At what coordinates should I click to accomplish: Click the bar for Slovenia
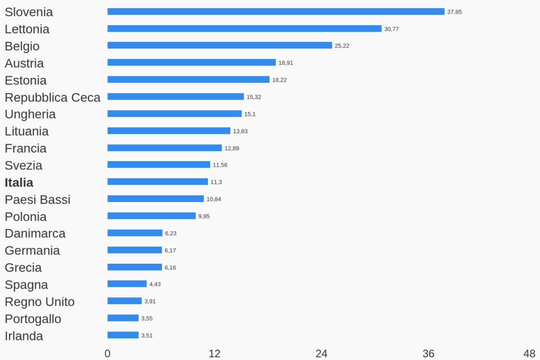[x=276, y=12]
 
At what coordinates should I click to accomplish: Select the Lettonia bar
[x=244, y=28]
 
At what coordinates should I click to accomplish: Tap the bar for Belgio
[x=219, y=45]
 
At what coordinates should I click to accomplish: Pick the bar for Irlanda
[x=123, y=335]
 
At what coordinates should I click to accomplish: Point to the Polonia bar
[x=152, y=216]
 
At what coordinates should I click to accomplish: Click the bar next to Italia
[x=157, y=182]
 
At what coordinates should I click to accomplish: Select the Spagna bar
[x=127, y=284]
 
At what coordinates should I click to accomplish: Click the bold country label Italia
[x=19, y=183]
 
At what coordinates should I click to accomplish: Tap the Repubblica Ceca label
[x=53, y=97]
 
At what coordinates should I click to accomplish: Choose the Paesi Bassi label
[x=37, y=199]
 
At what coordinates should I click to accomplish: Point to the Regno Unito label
[x=39, y=302]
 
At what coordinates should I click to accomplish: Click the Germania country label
[x=32, y=251]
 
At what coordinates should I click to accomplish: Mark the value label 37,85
[x=454, y=12]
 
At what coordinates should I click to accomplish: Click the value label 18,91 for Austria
[x=286, y=63]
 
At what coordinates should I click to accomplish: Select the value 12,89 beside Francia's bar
[x=232, y=148]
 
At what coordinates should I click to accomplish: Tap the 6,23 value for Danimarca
[x=171, y=233]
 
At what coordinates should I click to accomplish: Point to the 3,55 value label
[x=147, y=318]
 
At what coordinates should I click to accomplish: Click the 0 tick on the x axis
[x=107, y=354]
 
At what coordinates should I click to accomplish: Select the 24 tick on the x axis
[x=321, y=354]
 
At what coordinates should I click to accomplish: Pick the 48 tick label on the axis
[x=529, y=354]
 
